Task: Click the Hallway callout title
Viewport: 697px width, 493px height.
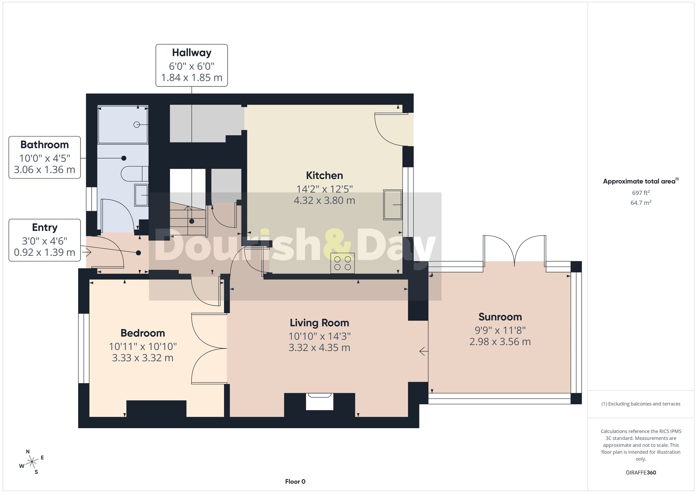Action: click(x=192, y=53)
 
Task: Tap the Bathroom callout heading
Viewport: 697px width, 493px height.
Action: click(x=45, y=145)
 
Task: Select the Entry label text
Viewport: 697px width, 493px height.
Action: click(x=45, y=228)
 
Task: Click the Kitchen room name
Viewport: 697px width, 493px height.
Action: click(x=324, y=175)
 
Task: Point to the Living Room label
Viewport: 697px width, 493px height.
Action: click(x=319, y=323)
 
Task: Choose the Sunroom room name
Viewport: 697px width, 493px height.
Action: click(x=500, y=317)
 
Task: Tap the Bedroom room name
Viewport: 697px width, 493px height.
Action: click(x=143, y=333)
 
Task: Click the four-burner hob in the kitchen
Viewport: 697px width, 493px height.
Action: click(x=343, y=263)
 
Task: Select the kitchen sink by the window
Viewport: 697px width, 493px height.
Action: click(x=393, y=205)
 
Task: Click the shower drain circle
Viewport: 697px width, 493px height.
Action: click(x=137, y=124)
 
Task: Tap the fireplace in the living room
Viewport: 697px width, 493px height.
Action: click(x=320, y=401)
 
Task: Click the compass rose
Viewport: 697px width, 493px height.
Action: click(x=32, y=462)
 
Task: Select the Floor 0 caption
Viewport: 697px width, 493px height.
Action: click(x=295, y=482)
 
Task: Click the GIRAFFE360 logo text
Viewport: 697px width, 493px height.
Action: click(x=641, y=473)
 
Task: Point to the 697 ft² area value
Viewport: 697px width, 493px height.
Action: click(x=641, y=193)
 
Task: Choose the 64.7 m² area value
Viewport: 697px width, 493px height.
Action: click(x=641, y=202)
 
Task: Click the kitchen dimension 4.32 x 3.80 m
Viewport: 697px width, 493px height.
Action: click(x=324, y=201)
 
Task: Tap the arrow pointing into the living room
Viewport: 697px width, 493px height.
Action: click(x=423, y=352)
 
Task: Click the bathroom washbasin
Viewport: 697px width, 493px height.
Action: click(x=141, y=195)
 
